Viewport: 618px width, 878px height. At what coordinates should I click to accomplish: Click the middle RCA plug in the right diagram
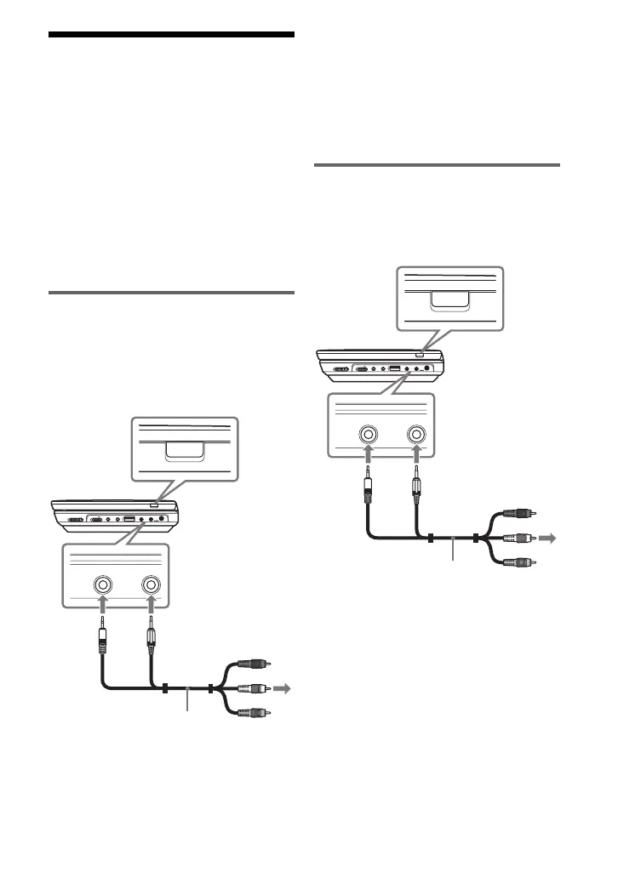pos(513,538)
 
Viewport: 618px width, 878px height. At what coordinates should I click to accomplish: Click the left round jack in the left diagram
pos(103,585)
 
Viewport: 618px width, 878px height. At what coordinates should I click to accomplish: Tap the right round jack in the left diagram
pos(152,585)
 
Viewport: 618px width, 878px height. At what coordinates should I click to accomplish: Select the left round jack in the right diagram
pos(369,435)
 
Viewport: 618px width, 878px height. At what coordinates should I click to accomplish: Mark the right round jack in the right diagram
pos(417,435)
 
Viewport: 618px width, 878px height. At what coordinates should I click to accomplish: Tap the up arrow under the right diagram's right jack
pos(417,458)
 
